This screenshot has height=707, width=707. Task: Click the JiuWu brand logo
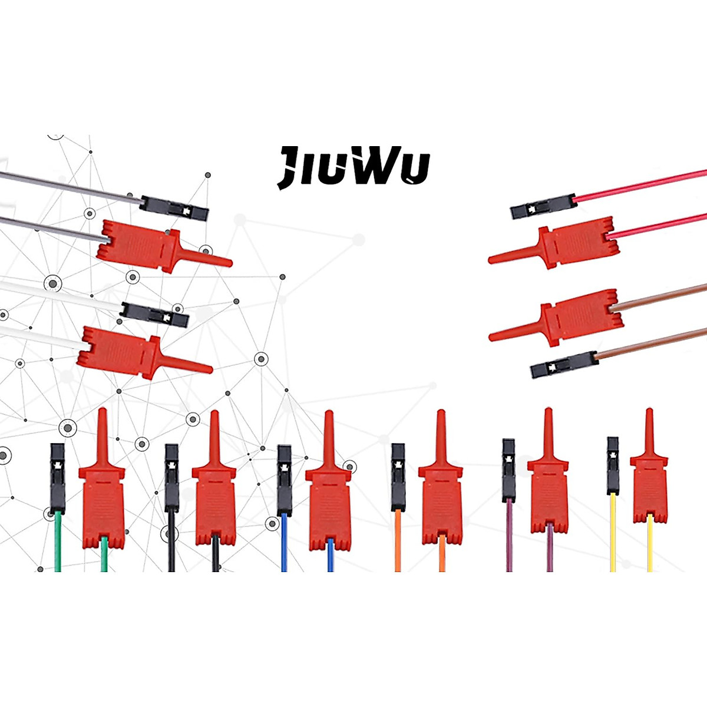point(353,167)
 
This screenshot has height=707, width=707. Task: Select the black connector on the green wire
point(57,477)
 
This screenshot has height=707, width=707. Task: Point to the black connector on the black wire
point(171,477)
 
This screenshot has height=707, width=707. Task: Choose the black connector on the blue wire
point(284,480)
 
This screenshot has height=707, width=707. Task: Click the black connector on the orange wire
point(398,477)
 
